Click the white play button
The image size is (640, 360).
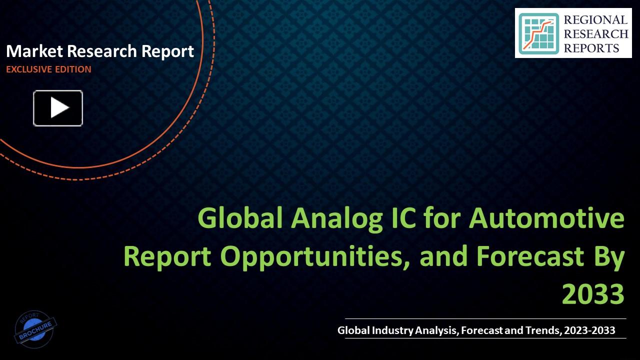pos(58,108)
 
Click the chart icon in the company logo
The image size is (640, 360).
pos(538,33)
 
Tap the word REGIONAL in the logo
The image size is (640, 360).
pos(595,20)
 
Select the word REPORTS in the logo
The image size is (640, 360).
pos(591,48)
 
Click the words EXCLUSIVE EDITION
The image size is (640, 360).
pos(48,69)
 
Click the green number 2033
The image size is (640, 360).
pos(593,294)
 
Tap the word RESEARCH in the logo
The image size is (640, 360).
pos(596,34)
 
